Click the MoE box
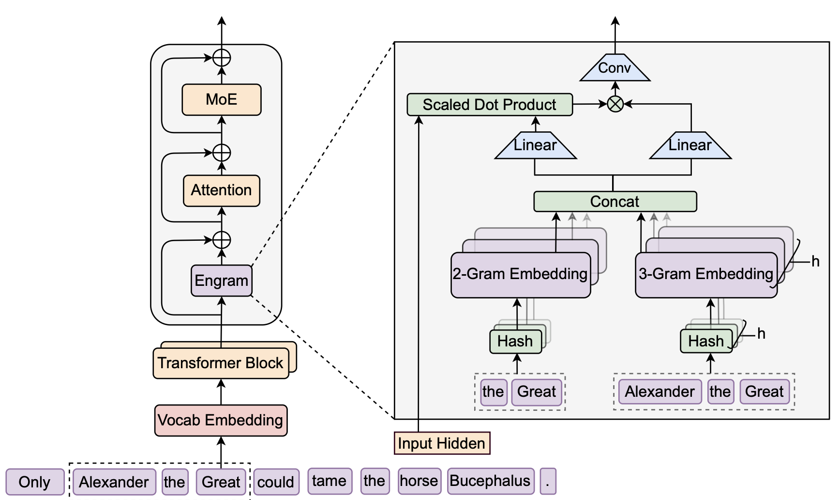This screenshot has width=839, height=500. point(221,100)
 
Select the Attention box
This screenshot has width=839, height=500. point(221,190)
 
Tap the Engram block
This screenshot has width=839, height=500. point(221,281)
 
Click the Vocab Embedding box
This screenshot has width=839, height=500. point(221,420)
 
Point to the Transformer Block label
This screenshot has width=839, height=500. point(221,363)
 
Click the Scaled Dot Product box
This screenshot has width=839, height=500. point(489,105)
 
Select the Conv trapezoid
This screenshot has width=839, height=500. point(614,68)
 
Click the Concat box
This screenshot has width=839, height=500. point(614,202)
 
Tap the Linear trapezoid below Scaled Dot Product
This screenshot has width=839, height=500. point(535,146)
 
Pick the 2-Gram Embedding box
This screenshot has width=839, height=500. point(520,275)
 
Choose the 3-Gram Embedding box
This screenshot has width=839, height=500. point(705,275)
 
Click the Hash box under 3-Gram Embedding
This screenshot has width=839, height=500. point(706,342)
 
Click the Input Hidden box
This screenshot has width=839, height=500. point(442,443)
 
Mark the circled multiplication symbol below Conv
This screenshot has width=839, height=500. point(615,104)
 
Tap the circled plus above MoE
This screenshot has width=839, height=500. point(222,58)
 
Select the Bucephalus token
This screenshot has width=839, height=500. point(490,481)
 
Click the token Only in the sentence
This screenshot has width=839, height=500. point(35,482)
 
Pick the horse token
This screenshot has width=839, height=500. point(419,481)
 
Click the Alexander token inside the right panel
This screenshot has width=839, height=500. point(659,391)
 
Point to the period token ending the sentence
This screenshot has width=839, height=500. point(548,481)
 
